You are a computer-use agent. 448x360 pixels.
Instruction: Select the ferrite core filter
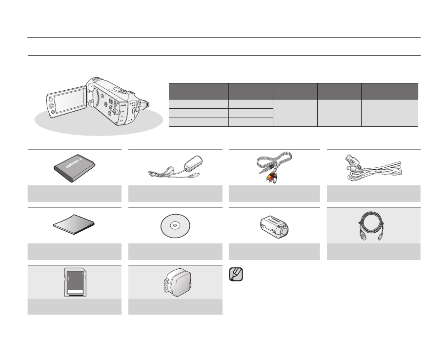275,226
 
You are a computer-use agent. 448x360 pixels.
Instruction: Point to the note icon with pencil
235,274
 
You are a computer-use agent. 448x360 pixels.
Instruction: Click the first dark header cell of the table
198,91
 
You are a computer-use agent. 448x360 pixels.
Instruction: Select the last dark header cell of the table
389,91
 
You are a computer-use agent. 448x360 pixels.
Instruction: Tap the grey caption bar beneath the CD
176,251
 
